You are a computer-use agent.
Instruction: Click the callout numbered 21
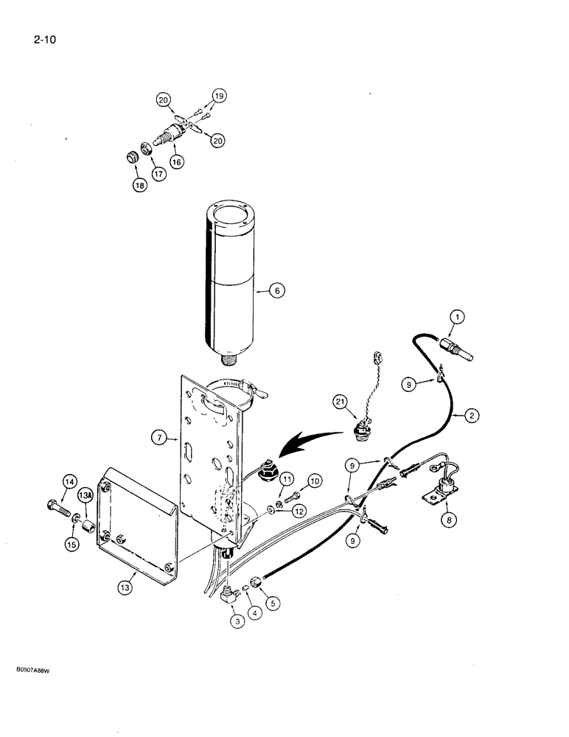pos(340,402)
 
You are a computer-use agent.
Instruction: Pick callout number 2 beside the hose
pos(472,415)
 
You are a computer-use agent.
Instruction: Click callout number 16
pos(175,162)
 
